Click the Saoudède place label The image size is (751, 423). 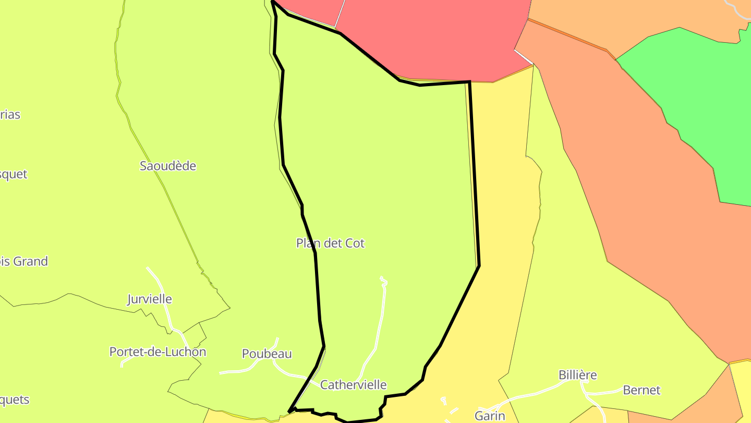(x=168, y=166)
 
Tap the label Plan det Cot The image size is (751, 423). (x=330, y=243)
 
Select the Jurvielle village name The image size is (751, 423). (x=150, y=299)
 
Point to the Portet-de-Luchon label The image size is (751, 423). (x=158, y=352)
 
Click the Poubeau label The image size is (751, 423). (x=267, y=354)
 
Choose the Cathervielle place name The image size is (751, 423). (x=353, y=385)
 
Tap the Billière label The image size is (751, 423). (x=577, y=375)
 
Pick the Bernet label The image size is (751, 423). (x=641, y=390)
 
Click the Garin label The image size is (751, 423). (x=490, y=416)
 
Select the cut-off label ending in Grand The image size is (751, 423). (x=23, y=261)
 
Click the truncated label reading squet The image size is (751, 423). (x=13, y=174)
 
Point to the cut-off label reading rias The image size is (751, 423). (x=10, y=115)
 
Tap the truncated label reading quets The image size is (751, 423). (x=15, y=400)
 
